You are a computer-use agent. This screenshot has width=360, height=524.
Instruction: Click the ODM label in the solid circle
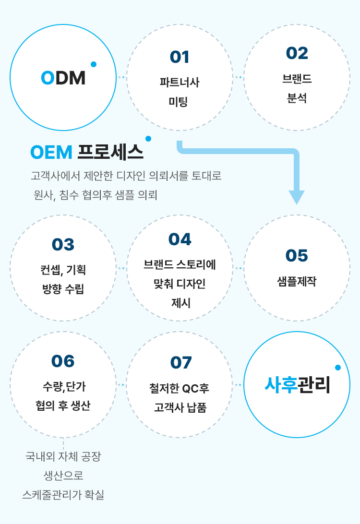click(x=63, y=78)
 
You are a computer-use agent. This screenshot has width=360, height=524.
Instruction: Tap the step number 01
click(x=180, y=57)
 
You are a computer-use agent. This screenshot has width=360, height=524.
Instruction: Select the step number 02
click(x=297, y=53)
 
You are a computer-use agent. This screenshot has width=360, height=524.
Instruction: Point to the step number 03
click(x=63, y=244)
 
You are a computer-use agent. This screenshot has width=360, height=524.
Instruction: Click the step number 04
click(x=180, y=239)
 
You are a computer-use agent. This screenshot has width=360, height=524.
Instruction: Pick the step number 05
click(x=297, y=256)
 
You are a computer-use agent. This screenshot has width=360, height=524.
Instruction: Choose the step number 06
click(x=63, y=361)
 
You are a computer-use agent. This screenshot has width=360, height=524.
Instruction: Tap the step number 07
click(x=181, y=363)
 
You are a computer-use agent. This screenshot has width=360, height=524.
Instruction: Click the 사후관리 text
click(x=297, y=385)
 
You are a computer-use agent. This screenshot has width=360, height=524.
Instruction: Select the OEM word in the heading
click(x=51, y=153)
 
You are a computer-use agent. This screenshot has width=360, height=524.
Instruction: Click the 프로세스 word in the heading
click(x=110, y=152)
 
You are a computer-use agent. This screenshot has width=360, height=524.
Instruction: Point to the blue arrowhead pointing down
click(x=297, y=197)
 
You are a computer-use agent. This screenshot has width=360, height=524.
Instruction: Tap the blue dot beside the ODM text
click(x=94, y=64)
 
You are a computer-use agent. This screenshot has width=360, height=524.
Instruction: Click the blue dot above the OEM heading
click(x=148, y=139)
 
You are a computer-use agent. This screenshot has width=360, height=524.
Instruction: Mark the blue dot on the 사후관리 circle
click(x=338, y=368)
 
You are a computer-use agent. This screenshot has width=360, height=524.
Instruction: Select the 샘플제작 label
click(x=297, y=281)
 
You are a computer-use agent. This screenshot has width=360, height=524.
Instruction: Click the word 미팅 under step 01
click(x=178, y=101)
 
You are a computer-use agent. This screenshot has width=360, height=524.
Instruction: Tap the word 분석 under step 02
click(x=297, y=98)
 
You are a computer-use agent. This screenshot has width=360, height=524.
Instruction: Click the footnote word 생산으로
click(x=63, y=476)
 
